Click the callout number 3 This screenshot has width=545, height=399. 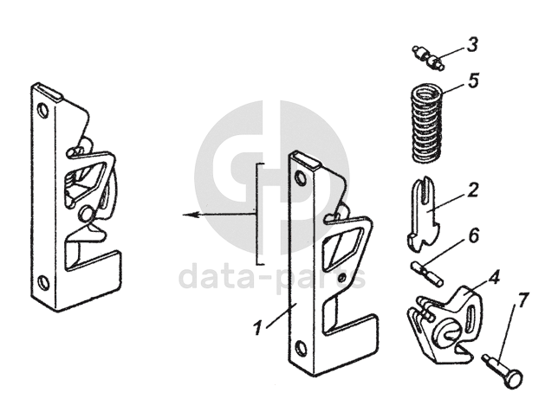[x=471, y=43]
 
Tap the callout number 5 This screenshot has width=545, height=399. [x=473, y=80]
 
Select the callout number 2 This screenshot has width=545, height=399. [x=473, y=189]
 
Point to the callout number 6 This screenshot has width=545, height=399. [x=473, y=236]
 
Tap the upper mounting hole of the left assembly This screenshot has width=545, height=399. [x=39, y=111]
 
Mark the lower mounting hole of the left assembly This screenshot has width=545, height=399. [x=43, y=281]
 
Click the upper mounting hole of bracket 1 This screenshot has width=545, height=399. [x=301, y=178]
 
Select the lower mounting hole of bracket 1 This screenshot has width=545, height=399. [x=300, y=349]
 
